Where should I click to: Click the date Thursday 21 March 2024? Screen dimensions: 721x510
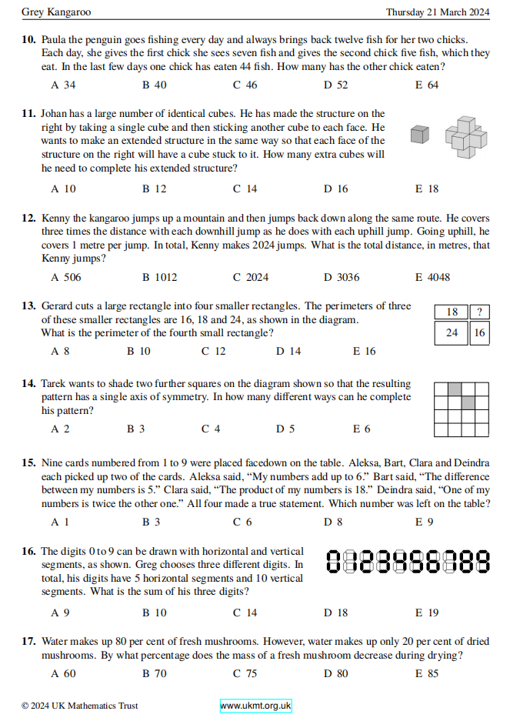point(438,12)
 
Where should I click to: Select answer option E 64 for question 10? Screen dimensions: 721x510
point(427,85)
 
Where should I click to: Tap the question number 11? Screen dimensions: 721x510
point(28,113)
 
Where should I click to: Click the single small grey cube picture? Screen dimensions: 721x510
point(419,135)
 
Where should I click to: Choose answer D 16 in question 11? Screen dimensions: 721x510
point(336,189)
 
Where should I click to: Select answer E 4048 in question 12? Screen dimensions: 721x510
point(432,277)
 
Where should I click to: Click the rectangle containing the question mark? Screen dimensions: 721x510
point(480,312)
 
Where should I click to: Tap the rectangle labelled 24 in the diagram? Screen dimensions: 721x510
point(452,333)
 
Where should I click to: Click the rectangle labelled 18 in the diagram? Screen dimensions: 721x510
point(452,312)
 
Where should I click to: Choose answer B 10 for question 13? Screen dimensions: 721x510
point(138,352)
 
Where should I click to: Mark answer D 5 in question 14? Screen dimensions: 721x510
point(285,429)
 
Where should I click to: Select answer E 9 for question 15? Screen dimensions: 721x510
point(424,522)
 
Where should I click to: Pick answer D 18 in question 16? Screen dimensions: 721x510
point(336,613)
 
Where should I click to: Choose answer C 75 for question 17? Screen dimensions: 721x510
point(245,673)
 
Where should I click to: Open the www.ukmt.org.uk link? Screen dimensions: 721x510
point(255,706)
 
